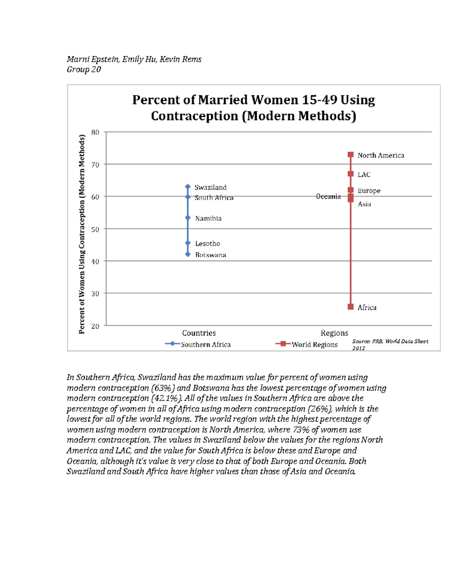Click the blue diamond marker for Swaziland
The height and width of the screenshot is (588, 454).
point(188,187)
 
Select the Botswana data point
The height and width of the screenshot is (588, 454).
point(188,254)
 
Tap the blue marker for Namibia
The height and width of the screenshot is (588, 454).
point(188,218)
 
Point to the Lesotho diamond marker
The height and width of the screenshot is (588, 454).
point(188,243)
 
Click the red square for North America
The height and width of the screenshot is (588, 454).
point(351,154)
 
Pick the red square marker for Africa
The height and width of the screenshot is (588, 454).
point(351,307)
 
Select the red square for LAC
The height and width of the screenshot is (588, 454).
point(351,174)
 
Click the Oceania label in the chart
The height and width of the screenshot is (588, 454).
point(328,197)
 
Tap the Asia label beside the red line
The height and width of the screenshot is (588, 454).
point(364,204)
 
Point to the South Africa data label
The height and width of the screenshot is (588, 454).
point(214,198)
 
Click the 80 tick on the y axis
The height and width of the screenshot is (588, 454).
point(95,132)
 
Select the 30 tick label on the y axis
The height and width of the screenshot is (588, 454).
point(95,293)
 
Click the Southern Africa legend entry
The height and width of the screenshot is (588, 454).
point(198,344)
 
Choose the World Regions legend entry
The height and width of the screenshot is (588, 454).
point(307,344)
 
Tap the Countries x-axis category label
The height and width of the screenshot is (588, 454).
point(199,333)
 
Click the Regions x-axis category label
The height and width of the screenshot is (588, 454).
point(334,333)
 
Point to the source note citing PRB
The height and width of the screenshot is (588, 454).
point(390,344)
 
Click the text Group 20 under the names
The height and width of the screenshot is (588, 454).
point(84,69)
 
